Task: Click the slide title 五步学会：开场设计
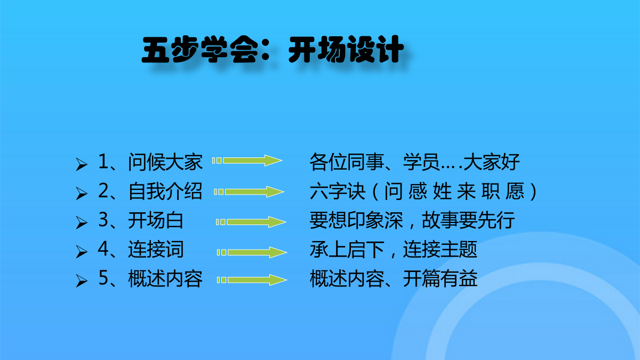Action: coord(273,49)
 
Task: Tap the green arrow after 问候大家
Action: coord(247,161)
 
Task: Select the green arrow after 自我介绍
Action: coord(249,191)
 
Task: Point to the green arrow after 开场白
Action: coord(251,222)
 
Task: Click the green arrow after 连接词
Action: coord(252,252)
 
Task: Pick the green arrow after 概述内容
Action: coord(252,279)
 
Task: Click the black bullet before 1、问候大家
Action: coord(82,164)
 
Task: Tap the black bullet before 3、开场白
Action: coord(82,222)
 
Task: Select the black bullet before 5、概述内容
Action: coord(82,281)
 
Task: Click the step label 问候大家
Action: coord(165,162)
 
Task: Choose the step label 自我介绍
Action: coord(165,191)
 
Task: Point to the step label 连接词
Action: coord(156,249)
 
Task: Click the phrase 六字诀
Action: coord(338,191)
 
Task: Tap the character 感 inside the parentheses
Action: coord(418,191)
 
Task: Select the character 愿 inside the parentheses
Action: coord(515,191)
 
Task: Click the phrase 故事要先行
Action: coord(468,220)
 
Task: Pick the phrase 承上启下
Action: coord(347,249)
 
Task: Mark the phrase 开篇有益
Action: coord(441,278)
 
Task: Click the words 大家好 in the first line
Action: coord(491,162)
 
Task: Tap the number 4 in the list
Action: coord(103,249)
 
